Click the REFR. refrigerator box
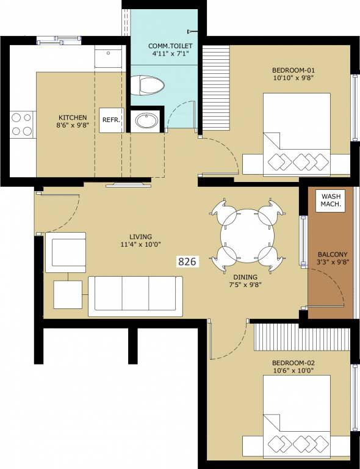pyautogui.click(x=110, y=120)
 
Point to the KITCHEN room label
pyautogui.click(x=73, y=118)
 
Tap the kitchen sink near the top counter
pyautogui.click(x=110, y=57)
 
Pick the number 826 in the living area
pyautogui.click(x=187, y=262)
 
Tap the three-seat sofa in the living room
pyautogui.click(x=135, y=296)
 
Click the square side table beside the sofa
pyautogui.click(x=67, y=294)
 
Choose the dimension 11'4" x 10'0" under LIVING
pyautogui.click(x=140, y=245)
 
